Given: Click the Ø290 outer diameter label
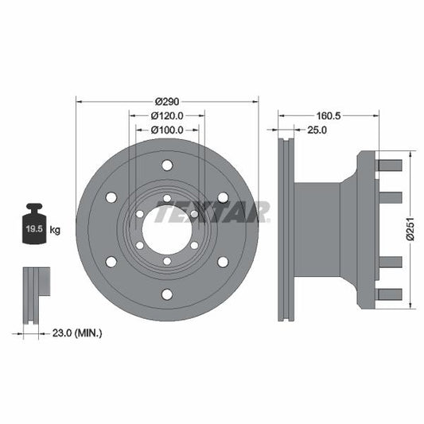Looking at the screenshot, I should tap(167, 102).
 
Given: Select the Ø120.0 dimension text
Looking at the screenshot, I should tap(167, 115).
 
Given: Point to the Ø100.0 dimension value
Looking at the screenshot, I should tap(167, 129).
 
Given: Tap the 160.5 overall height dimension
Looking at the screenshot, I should tap(328, 115).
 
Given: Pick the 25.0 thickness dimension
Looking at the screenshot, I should tap(316, 129).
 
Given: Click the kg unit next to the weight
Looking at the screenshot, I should tap(56, 230).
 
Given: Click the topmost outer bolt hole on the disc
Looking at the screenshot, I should tap(167, 165).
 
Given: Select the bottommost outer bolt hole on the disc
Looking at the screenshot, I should tap(167, 294).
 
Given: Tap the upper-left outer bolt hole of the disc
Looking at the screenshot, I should tap(111, 197).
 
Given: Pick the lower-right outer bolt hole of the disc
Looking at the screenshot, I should tap(223, 261).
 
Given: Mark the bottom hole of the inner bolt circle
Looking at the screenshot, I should tap(167, 261).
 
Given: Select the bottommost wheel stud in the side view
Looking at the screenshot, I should tap(389, 294).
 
